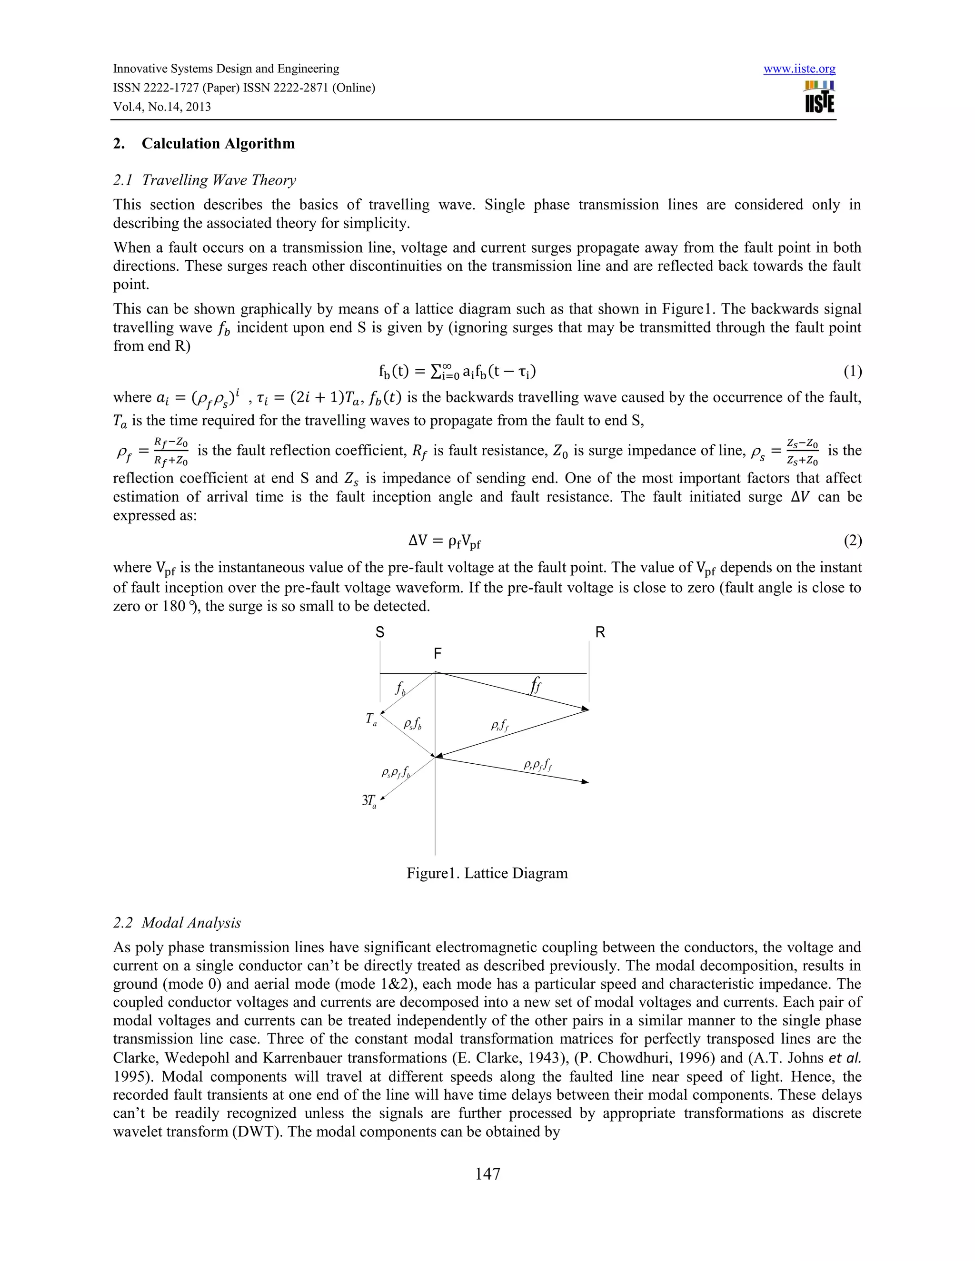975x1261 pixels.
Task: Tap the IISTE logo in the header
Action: (819, 97)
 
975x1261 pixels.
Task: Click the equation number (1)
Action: (852, 371)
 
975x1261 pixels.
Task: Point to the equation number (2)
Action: (852, 541)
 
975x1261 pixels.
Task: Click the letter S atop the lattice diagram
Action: (379, 632)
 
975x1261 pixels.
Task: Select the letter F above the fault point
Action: (437, 654)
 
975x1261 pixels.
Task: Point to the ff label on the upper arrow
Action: (536, 686)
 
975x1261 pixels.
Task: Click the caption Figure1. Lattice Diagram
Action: (487, 873)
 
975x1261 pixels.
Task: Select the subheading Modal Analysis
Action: (190, 923)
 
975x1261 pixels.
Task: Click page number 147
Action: (487, 1174)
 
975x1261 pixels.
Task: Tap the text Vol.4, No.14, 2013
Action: (162, 107)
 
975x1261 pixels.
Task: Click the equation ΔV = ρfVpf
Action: (444, 542)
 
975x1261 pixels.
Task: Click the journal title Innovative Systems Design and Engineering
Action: (226, 69)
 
